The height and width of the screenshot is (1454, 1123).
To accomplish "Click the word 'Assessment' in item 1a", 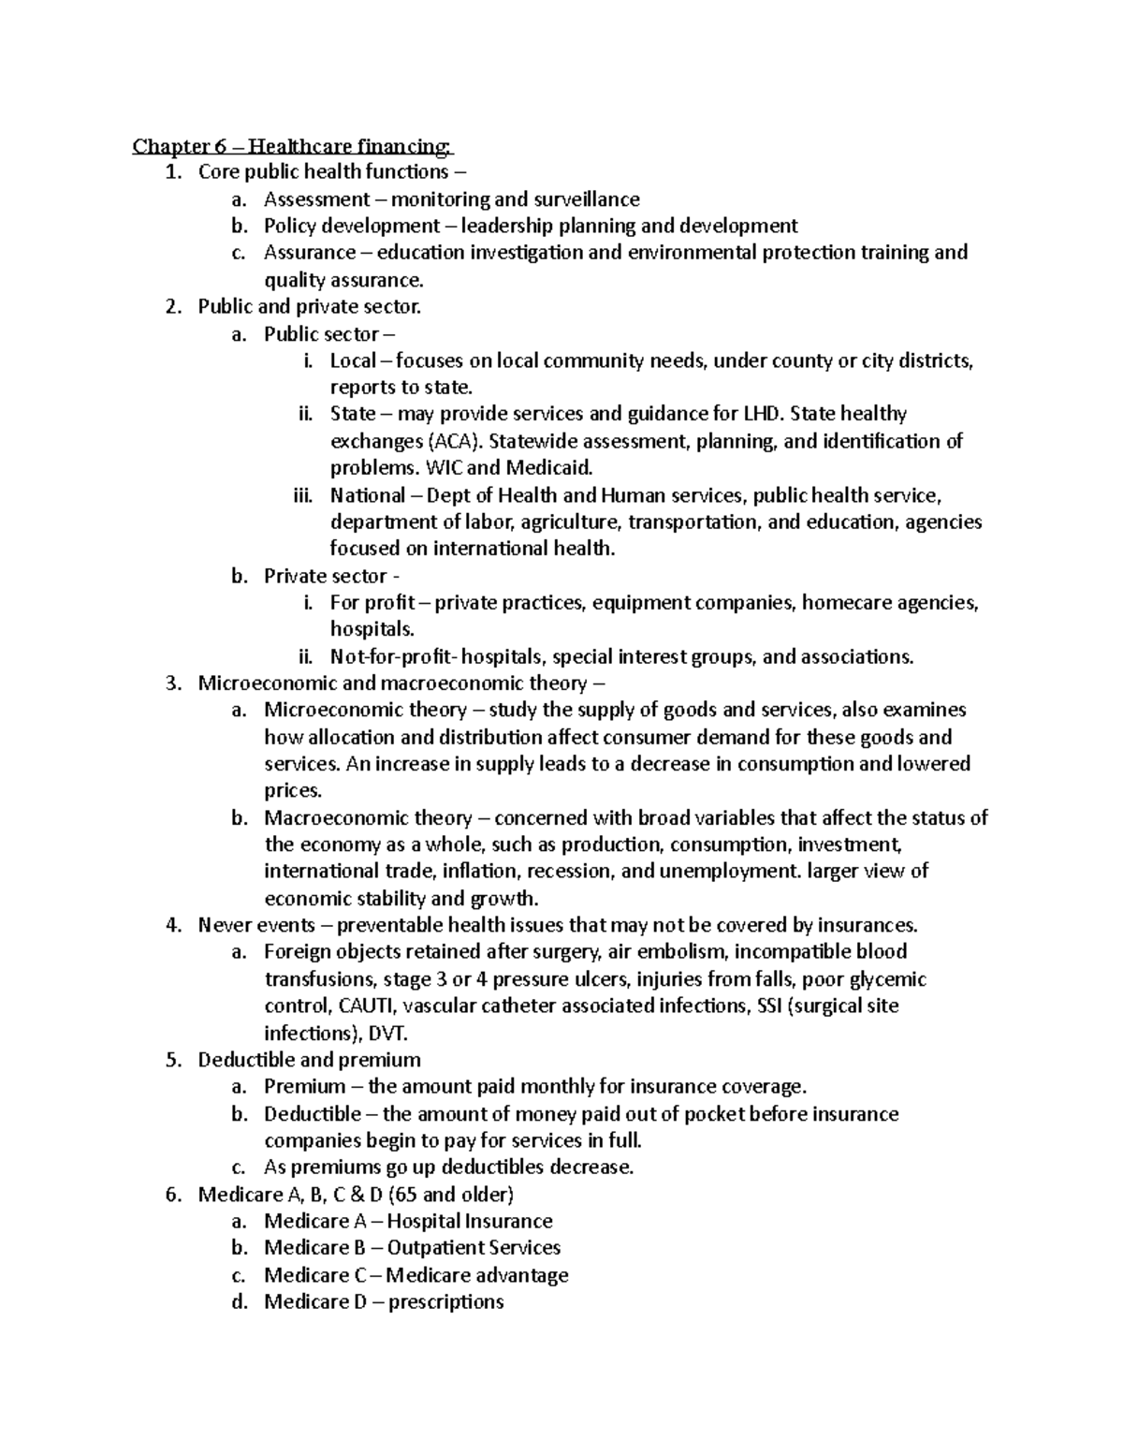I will (x=316, y=199).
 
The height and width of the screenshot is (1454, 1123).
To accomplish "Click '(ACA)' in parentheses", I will (x=453, y=441).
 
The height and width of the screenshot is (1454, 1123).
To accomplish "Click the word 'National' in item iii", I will (x=367, y=495).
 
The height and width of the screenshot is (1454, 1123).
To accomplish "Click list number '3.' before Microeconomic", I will (x=172, y=683).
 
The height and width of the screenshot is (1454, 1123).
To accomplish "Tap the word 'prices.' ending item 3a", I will (x=292, y=791).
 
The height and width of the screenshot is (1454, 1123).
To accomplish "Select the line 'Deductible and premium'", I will (x=309, y=1060).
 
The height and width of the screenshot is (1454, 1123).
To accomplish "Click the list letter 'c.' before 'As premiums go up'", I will (x=239, y=1168).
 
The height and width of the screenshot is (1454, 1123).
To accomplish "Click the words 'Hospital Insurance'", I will (x=470, y=1222).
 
